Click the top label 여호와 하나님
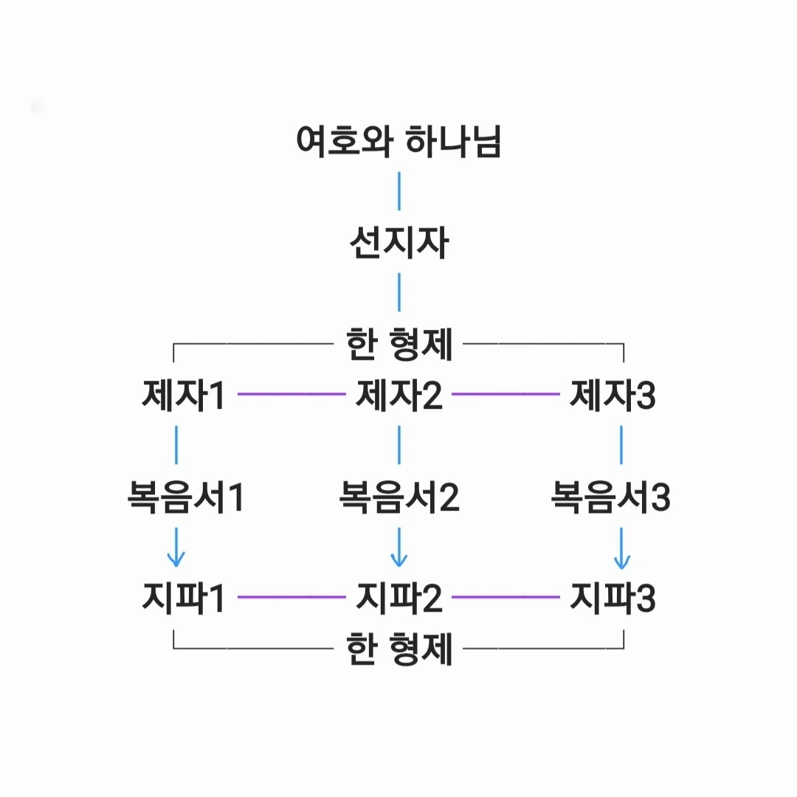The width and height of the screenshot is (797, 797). [x=398, y=141]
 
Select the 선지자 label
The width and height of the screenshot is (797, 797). [x=398, y=244]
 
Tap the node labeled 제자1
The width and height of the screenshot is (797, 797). [x=182, y=396]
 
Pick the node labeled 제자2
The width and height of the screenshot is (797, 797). [x=398, y=396]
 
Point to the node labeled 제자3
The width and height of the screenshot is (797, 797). [x=613, y=396]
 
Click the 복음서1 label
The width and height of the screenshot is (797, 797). [x=185, y=497]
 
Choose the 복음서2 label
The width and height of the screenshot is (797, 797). [x=398, y=497]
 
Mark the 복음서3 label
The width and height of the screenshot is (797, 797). [x=611, y=497]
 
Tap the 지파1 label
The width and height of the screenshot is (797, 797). [x=182, y=598]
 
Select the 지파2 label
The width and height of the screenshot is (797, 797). [x=398, y=598]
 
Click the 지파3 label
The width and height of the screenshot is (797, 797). [x=613, y=598]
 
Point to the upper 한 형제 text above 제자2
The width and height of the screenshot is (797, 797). [x=398, y=344]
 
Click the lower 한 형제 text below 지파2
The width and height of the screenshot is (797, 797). [x=398, y=650]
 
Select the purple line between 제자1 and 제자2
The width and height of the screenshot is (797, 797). [x=291, y=395]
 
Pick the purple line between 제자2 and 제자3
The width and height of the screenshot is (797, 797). [x=506, y=395]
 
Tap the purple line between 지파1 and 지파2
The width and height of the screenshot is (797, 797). [x=291, y=596]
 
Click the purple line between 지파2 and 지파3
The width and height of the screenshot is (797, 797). [x=506, y=596]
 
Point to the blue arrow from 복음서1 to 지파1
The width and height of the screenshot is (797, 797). [x=176, y=547]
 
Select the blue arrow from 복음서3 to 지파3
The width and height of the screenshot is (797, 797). [x=621, y=548]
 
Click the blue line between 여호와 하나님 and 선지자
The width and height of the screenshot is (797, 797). [x=399, y=191]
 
